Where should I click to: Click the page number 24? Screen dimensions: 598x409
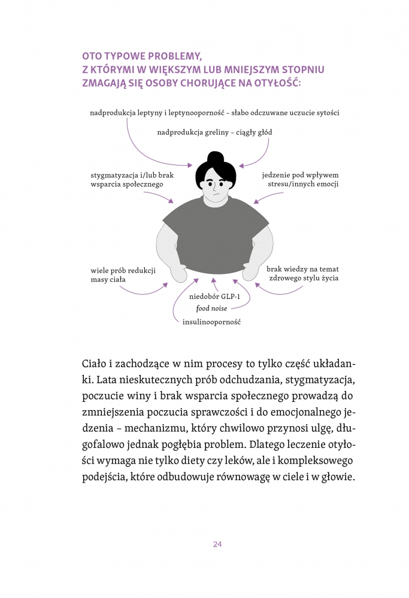coord(217,544)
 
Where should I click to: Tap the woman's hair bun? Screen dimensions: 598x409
coord(214,159)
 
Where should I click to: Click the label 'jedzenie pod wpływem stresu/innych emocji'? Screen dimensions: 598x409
coord(299,179)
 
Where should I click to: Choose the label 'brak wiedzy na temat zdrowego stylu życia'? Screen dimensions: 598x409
coord(303,274)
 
